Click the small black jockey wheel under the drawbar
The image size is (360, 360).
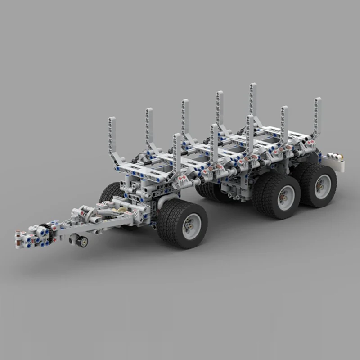coord(82,241)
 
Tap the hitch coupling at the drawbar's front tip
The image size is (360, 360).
coord(20,238)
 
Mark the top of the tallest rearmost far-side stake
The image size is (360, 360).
coord(253,85)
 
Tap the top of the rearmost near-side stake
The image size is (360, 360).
coord(318,100)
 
